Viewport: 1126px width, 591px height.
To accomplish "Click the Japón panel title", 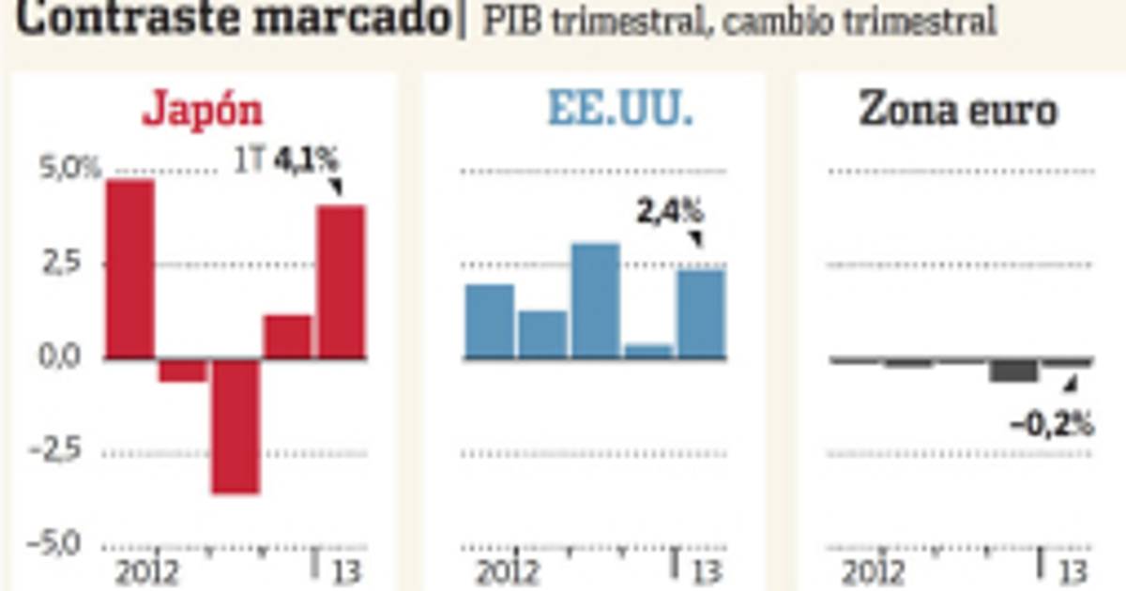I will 203,112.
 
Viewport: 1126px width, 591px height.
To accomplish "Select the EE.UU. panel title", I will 620,112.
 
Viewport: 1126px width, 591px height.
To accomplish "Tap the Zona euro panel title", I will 958,112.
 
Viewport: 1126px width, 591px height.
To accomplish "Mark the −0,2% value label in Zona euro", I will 1052,424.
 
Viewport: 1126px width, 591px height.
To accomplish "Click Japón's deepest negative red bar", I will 235,426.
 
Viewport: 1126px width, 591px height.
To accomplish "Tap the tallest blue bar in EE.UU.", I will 596,300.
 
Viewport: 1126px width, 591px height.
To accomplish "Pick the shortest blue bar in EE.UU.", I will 649,351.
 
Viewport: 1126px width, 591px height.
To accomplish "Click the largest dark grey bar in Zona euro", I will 1013,370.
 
